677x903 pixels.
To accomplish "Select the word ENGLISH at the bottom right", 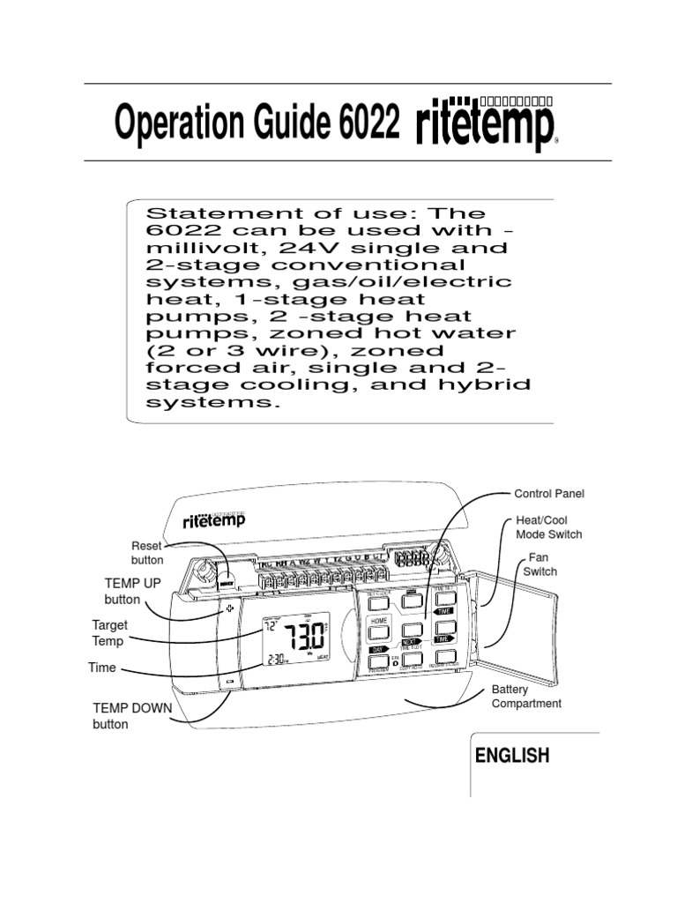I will pyautogui.click(x=512, y=756).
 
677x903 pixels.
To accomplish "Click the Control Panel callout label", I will pyautogui.click(x=549, y=494).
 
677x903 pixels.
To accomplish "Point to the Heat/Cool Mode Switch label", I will pyautogui.click(x=548, y=527).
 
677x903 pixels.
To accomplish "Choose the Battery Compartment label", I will pyautogui.click(x=526, y=696).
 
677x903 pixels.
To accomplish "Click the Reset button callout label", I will pyautogui.click(x=146, y=553).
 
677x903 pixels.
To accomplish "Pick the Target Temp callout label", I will pyautogui.click(x=109, y=633).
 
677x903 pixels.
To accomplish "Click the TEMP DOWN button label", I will pyautogui.click(x=133, y=715).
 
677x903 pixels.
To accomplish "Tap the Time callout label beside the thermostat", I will pyautogui.click(x=102, y=668).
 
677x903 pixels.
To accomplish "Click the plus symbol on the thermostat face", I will pyautogui.click(x=230, y=608).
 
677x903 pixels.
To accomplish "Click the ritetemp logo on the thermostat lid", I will pyautogui.click(x=214, y=519).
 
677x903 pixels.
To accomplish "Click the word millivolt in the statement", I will pyautogui.click(x=190, y=248).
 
